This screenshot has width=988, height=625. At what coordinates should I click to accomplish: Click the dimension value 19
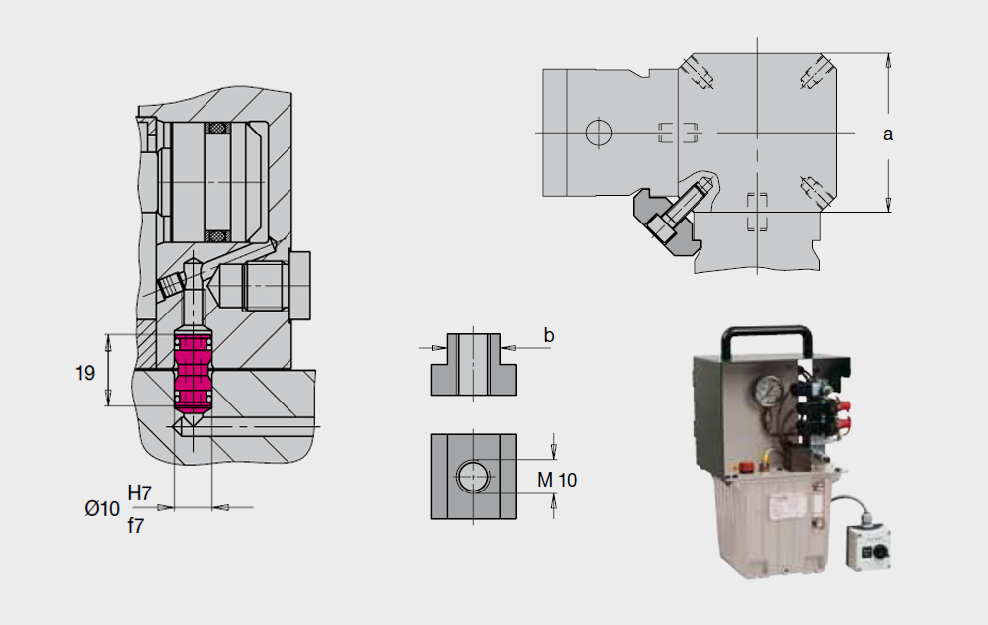click(84, 373)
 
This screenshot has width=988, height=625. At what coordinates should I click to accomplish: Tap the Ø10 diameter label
click(102, 508)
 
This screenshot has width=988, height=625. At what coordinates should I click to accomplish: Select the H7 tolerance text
click(139, 493)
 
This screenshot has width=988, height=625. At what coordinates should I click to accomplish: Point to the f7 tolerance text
click(135, 525)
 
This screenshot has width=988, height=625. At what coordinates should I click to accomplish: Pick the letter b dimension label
click(548, 335)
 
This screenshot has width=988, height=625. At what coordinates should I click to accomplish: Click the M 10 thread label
click(557, 480)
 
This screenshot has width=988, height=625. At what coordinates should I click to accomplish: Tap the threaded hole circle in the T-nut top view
click(473, 476)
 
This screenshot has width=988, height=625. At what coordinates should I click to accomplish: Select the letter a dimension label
click(888, 134)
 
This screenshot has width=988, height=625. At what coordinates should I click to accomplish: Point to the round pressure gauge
click(767, 391)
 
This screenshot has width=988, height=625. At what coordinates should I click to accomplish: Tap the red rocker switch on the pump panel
click(746, 467)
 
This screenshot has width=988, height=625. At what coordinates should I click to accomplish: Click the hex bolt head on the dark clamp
click(658, 227)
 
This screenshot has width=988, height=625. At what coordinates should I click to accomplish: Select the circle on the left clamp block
click(599, 133)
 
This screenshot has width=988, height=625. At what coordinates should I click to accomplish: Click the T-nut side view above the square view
click(473, 365)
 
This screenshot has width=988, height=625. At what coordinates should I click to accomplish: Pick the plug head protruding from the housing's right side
click(300, 286)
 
